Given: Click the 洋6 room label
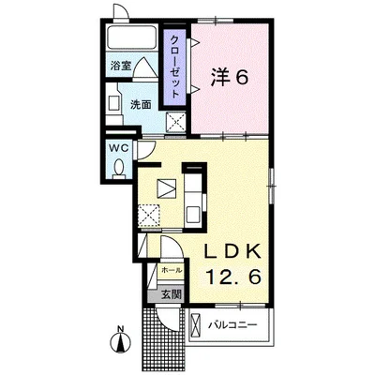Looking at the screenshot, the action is pos(230,77).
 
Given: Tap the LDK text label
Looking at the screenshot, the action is pos(232,251).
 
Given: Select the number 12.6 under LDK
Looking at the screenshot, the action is pos(232,277).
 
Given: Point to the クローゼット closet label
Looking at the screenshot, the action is pos(175,67).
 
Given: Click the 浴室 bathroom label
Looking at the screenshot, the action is pos(121,66).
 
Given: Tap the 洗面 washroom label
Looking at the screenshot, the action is pos(141,104).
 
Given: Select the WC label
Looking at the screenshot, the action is pos(118,148).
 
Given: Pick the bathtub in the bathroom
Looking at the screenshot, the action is pos(131,37).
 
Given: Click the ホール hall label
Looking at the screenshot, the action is pos(172,270).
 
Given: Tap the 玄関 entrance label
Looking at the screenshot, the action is pos(172,294).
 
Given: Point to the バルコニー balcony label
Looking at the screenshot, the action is pos(232,325).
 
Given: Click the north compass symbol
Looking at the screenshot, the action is pos(121,342).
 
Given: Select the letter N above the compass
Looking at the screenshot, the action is pos(120,328).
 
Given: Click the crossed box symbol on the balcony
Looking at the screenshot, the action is pos(195,325).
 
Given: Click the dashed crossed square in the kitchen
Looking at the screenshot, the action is pos(149,216).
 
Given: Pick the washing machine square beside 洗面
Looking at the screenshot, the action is pos(175,122).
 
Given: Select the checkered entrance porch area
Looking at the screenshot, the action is pos(163,339).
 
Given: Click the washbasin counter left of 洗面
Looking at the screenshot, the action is pos(113,104).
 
